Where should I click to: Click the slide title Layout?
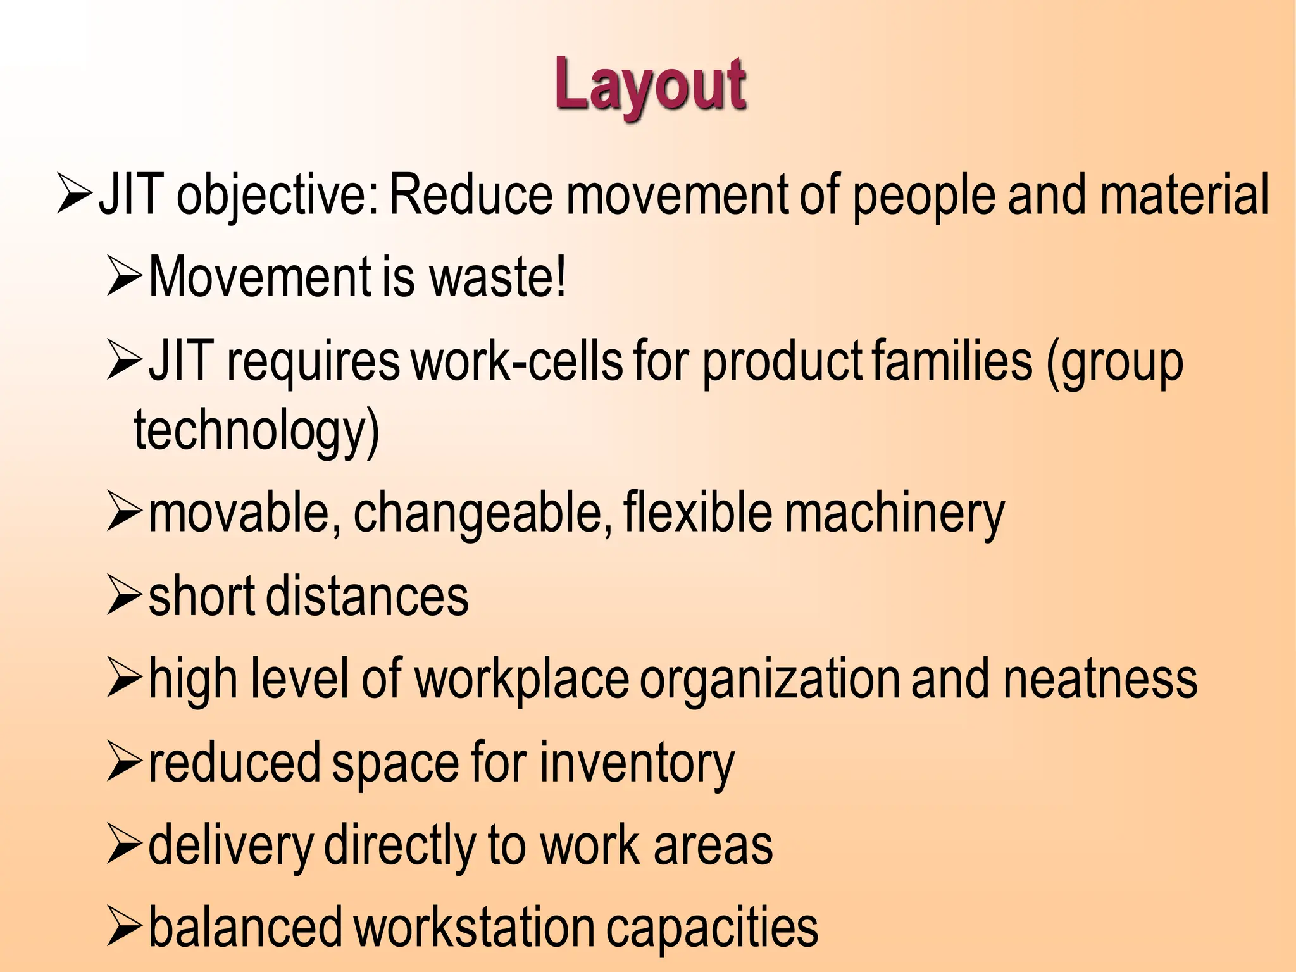[651, 85]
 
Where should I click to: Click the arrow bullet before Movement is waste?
[124, 277]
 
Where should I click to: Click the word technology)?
[256, 430]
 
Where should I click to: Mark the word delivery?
[231, 847]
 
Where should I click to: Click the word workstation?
[473, 928]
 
